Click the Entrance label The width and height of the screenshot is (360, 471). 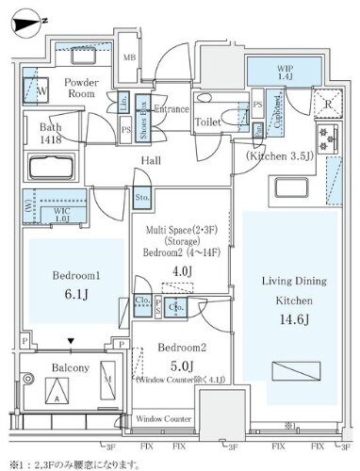pyautogui.click(x=169, y=110)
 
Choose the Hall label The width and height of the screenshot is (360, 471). pyautogui.click(x=152, y=161)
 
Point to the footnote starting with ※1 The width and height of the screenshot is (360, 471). pyautogui.click(x=90, y=463)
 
